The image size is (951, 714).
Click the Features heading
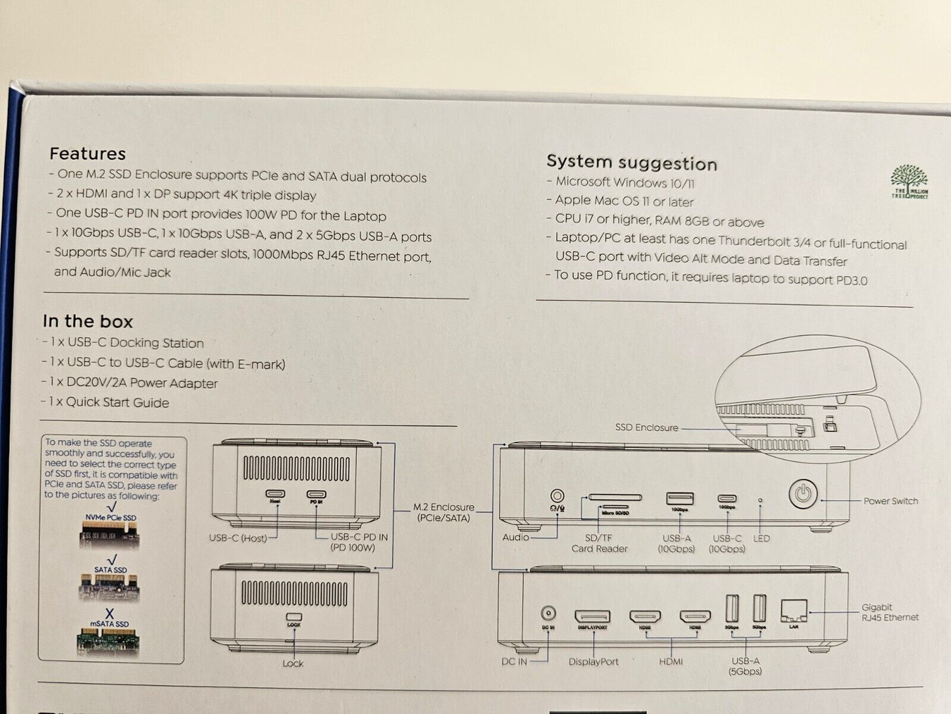coord(88,153)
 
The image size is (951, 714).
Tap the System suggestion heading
coord(631,162)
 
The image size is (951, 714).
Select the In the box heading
coord(88,321)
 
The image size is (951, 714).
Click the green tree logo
coord(910,181)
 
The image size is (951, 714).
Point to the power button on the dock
coord(803,493)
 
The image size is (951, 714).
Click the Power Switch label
coord(890,501)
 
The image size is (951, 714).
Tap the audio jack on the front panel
coord(557,496)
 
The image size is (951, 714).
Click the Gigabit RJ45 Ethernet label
coord(890,612)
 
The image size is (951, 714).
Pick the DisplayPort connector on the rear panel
coord(592,617)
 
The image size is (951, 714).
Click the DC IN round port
coord(548,613)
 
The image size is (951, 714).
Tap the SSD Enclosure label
coord(646,427)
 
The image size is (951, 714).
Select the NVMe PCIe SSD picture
coord(111,534)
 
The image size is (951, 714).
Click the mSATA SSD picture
coord(109,641)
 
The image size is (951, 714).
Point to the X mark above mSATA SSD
coord(109,614)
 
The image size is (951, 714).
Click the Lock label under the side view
coord(293,663)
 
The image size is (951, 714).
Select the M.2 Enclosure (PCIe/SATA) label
coord(444,512)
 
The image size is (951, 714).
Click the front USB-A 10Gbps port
coord(679,499)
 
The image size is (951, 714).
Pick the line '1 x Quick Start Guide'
coord(109,402)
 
